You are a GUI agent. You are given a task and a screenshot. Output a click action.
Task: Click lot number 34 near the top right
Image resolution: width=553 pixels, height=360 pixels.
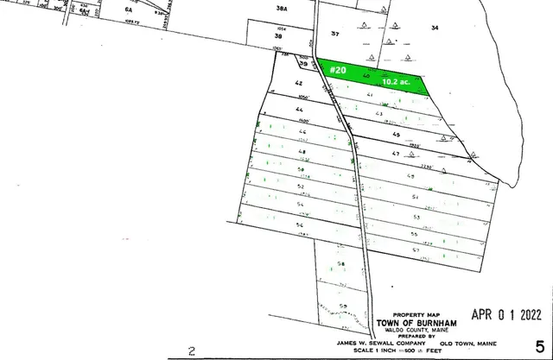[435, 28]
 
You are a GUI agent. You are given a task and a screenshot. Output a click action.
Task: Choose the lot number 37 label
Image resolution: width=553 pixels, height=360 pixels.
[336, 32]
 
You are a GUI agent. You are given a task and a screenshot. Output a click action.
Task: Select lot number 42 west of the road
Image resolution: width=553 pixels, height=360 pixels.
[298, 84]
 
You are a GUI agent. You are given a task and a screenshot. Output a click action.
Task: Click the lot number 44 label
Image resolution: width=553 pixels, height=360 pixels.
[300, 110]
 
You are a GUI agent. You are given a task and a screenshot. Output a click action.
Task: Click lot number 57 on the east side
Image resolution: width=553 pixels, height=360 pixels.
[415, 249]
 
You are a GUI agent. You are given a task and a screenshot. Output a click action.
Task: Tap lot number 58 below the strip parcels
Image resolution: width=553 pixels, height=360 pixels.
[341, 263]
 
